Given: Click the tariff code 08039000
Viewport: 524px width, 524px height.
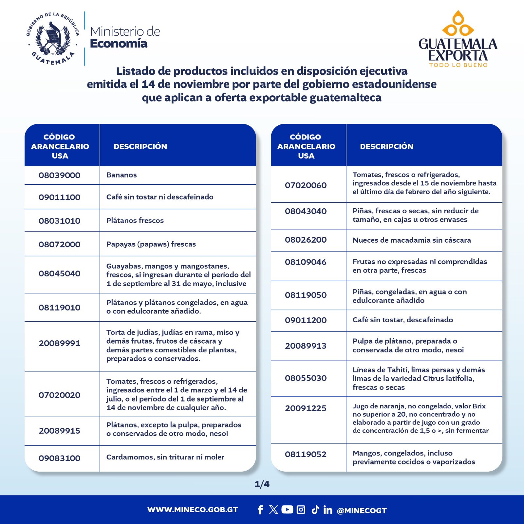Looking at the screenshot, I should tap(59, 175).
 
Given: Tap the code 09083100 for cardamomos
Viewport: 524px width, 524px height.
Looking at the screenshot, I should tap(59, 458).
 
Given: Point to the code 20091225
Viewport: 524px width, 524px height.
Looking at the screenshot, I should tap(306, 408).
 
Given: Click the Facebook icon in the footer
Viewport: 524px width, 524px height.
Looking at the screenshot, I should tap(260, 510).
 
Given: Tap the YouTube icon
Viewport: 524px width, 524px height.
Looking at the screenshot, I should tap(287, 510).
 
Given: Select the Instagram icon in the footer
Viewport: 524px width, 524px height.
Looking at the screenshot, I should tap(301, 510).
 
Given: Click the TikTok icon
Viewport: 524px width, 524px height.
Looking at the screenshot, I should tap(315, 510).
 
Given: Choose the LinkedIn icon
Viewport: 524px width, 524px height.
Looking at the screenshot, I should tap(327, 510).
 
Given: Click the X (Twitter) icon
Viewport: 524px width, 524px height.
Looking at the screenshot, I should tap(273, 510).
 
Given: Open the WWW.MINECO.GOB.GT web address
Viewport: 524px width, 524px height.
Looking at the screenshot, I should tap(193, 510).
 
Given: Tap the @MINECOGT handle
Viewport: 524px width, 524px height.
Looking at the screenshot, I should tap(362, 511).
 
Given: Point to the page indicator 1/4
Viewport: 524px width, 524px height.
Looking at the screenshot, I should tap(262, 484).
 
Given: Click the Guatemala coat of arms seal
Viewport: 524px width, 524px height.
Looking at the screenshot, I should tap(53, 39).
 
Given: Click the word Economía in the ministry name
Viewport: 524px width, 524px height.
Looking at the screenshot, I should tap(119, 44).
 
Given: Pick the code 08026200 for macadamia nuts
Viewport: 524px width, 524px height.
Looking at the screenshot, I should tap(306, 240).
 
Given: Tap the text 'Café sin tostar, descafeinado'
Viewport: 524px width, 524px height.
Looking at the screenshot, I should tap(402, 320).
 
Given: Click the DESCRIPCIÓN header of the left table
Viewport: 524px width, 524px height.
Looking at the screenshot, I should tap(140, 146).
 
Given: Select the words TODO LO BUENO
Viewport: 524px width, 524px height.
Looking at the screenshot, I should tap(458, 65).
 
